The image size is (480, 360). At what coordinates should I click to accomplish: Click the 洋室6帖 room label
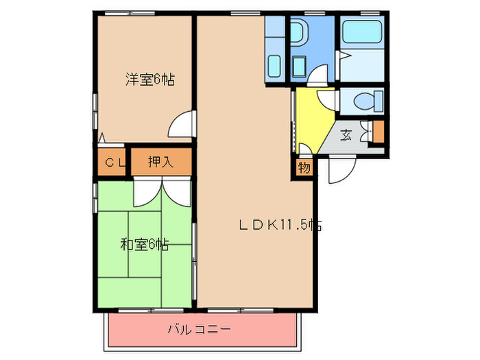click(149, 80)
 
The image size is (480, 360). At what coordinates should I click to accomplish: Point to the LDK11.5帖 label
click(280, 224)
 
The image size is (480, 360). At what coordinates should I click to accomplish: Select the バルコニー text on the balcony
click(199, 330)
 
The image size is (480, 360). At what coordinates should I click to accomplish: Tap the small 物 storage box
click(304, 167)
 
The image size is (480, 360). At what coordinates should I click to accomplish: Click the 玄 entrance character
click(347, 135)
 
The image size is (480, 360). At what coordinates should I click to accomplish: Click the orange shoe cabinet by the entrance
click(378, 131)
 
